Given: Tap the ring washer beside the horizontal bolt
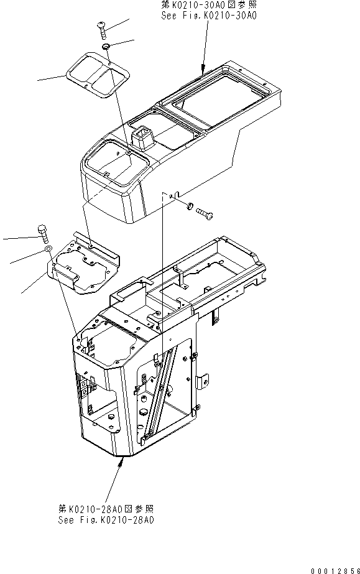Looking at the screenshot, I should coord(189,206).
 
